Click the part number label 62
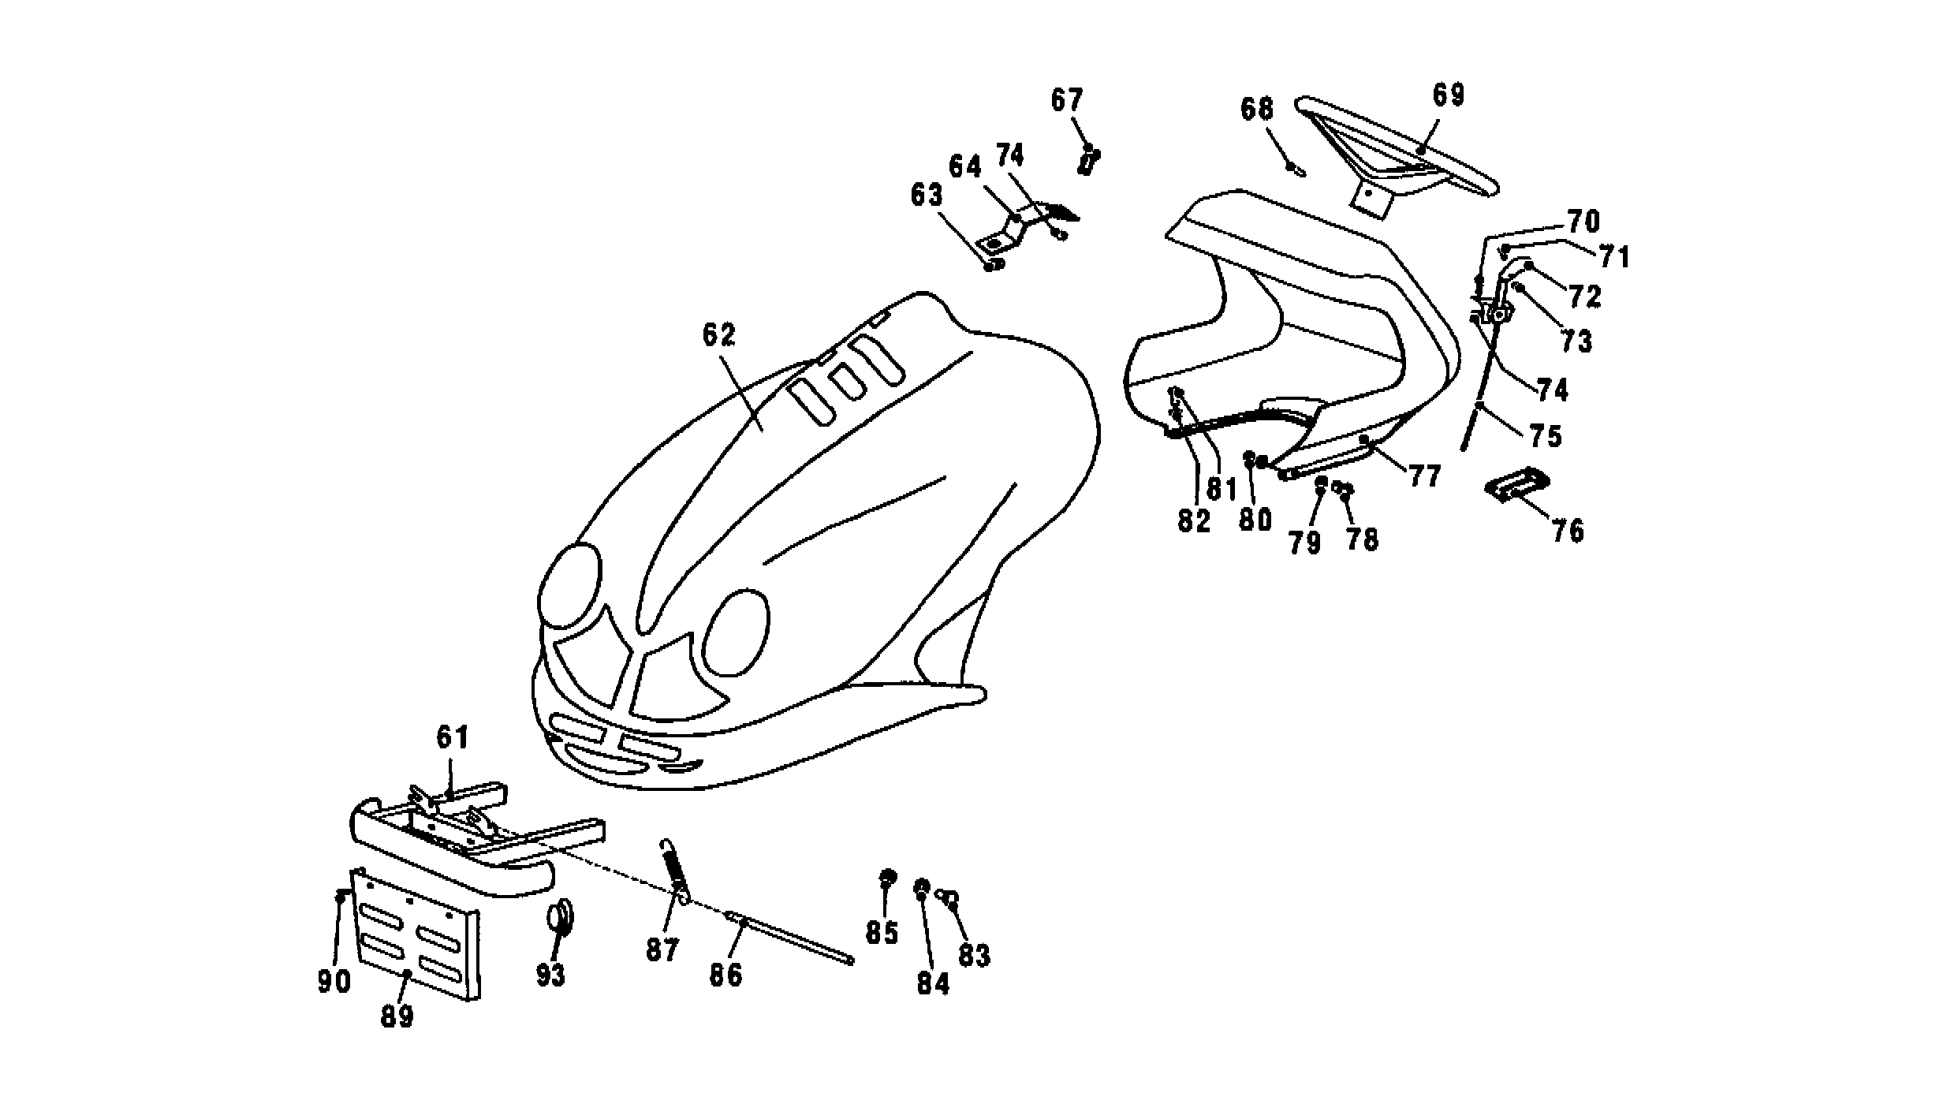pyautogui.click(x=718, y=334)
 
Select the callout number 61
pyautogui.click(x=453, y=738)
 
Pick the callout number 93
pyautogui.click(x=550, y=975)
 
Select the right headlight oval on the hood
pyautogui.click(x=736, y=633)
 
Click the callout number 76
pyautogui.click(x=1568, y=531)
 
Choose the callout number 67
pyautogui.click(x=1067, y=100)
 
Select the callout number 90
pyautogui.click(x=334, y=982)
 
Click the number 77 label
pyautogui.click(x=1425, y=476)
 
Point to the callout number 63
pyautogui.click(x=927, y=195)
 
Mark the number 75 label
pyautogui.click(x=1546, y=436)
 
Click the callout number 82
pyautogui.click(x=1193, y=521)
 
